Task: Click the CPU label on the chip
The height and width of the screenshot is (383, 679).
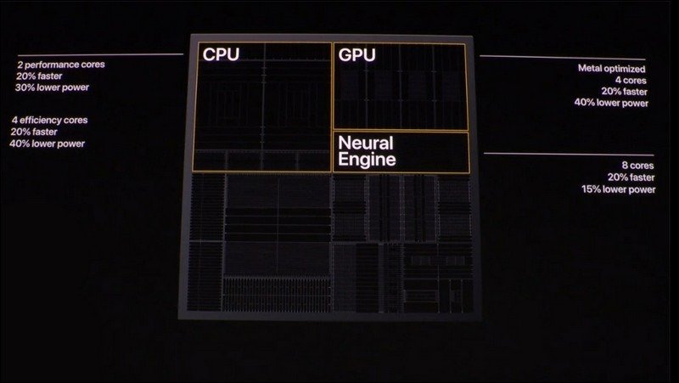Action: [221, 54]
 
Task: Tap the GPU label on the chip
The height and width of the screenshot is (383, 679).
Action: [356, 55]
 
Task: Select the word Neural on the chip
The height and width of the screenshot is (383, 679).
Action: [366, 143]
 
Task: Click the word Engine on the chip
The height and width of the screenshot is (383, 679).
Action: [367, 159]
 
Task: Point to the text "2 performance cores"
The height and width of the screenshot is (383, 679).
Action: [61, 65]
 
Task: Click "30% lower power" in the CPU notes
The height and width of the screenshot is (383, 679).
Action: [52, 87]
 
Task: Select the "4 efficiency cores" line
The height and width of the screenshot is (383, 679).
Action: [50, 120]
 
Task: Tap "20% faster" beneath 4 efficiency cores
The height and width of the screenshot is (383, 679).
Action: [34, 132]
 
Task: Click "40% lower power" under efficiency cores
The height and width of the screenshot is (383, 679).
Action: [48, 144]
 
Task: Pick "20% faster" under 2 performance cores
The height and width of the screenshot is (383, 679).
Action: [39, 76]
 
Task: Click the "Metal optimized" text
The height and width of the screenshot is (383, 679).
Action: [611, 69]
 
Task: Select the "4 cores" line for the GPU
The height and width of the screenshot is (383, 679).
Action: [631, 80]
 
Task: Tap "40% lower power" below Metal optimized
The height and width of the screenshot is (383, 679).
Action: [611, 103]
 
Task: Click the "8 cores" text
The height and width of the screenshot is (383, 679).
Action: [638, 166]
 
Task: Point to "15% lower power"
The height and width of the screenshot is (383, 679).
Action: [619, 189]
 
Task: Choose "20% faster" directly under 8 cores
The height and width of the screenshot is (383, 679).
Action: [631, 177]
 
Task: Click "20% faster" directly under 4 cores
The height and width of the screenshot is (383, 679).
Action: [624, 92]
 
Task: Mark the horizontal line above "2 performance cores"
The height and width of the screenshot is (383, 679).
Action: [100, 55]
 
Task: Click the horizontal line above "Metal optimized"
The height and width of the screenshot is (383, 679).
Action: [563, 58]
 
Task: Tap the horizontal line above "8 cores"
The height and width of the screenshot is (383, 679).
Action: [569, 155]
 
